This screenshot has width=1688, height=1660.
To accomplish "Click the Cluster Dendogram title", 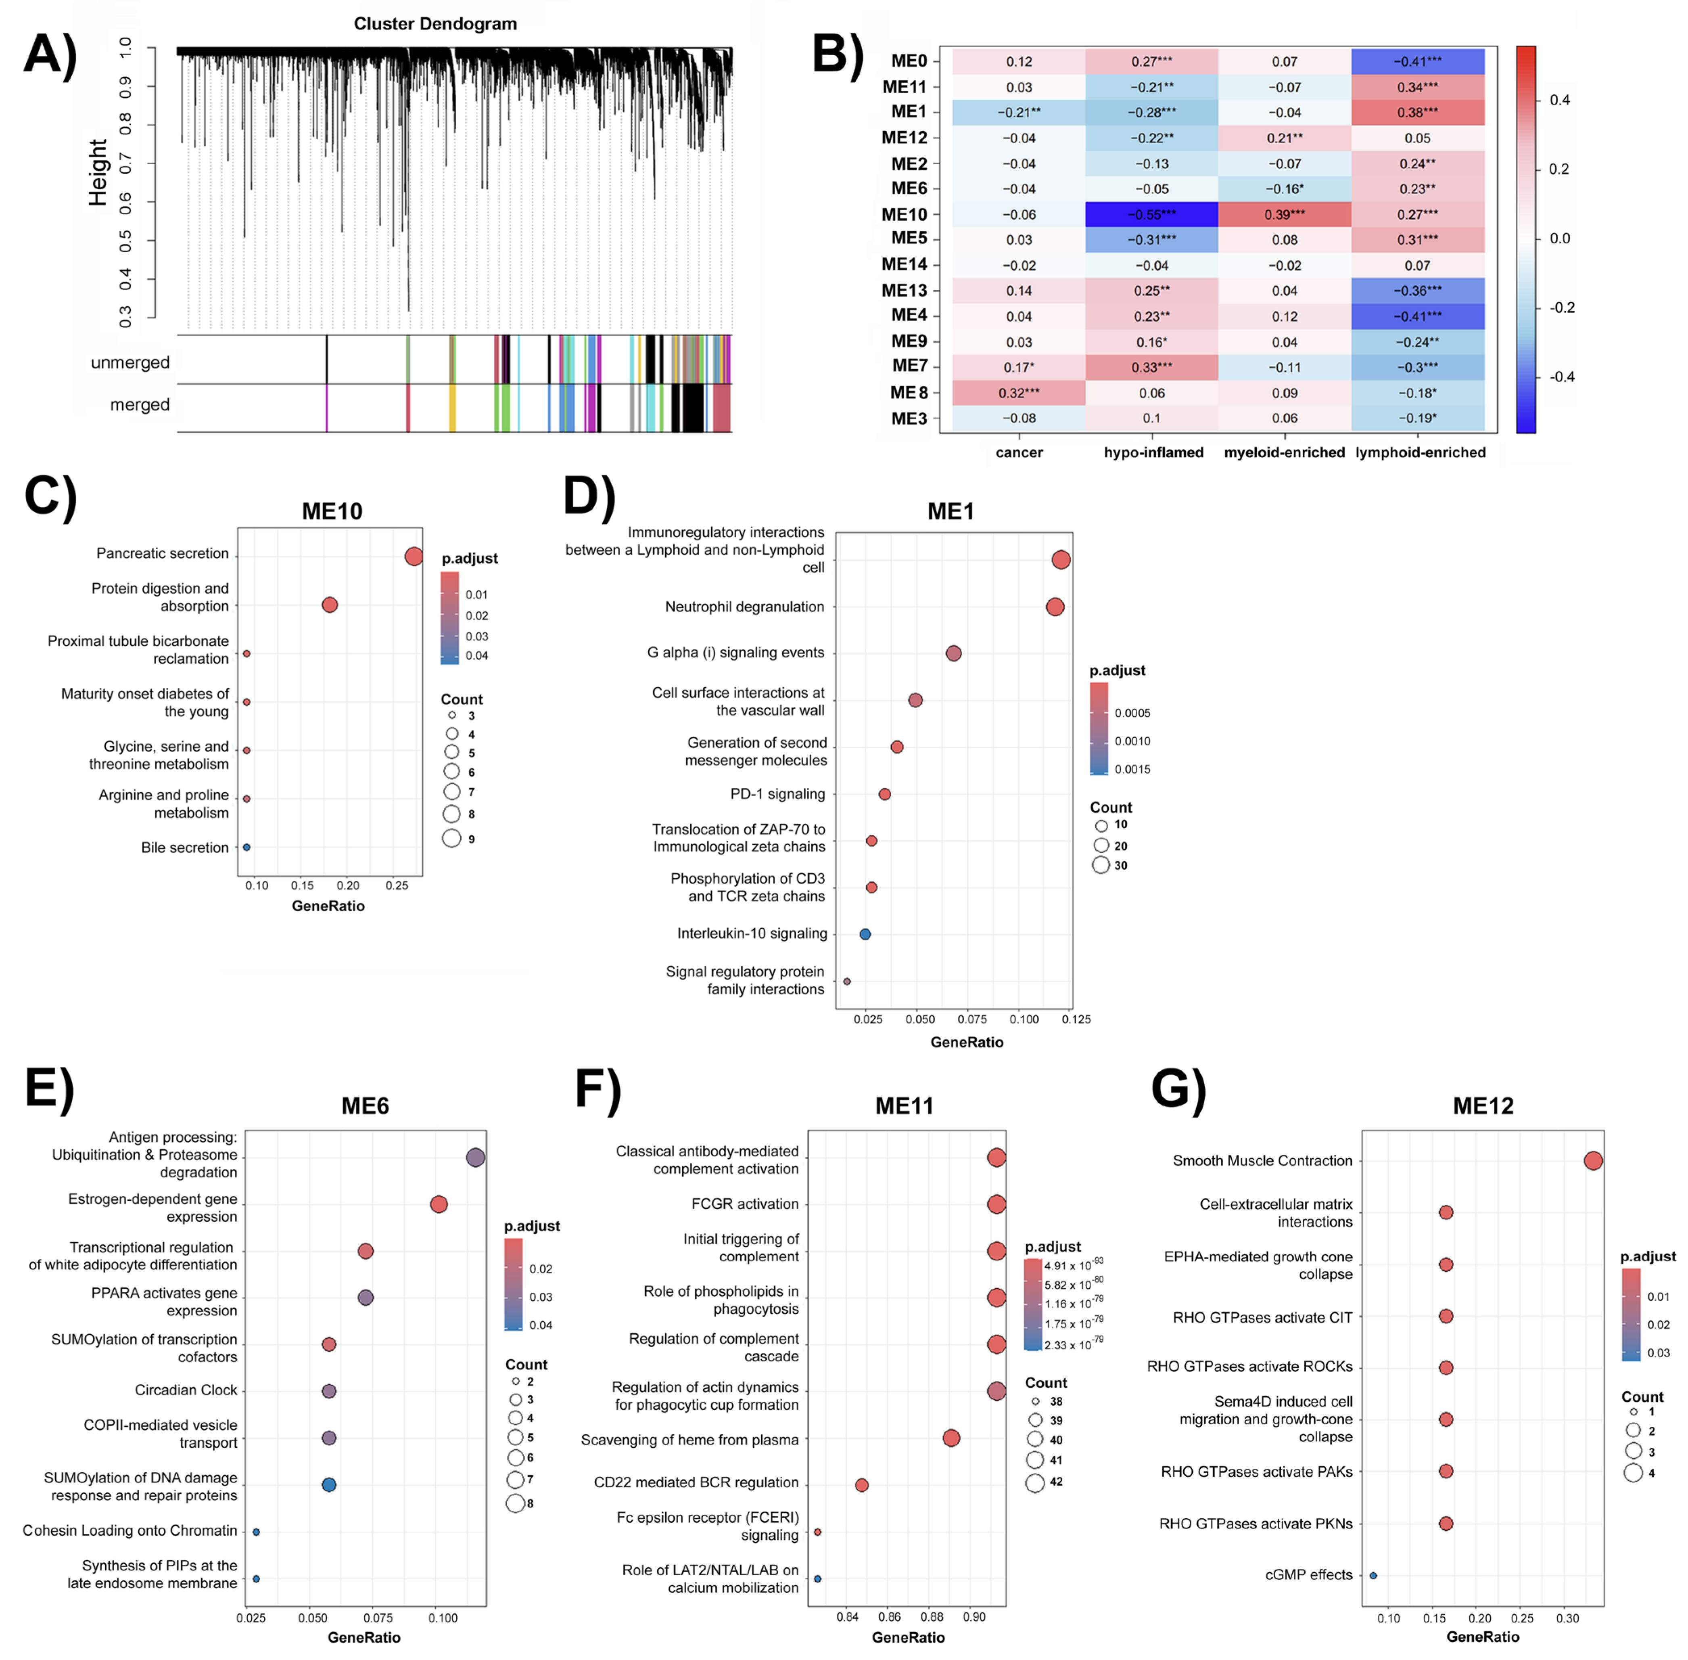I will click(x=435, y=23).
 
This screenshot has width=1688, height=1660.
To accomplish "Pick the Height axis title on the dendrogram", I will click(x=98, y=173).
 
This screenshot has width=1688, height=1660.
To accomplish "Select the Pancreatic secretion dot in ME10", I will click(x=414, y=556).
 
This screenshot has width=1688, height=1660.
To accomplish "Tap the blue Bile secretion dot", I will click(x=247, y=847).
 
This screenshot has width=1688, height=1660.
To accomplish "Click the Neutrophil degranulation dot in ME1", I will click(x=1055, y=607).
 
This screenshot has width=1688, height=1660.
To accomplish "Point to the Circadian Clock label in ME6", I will click(x=186, y=1390).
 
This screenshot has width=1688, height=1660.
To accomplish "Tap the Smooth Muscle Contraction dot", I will click(x=1593, y=1160).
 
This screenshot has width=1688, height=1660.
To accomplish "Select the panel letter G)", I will click(x=1178, y=1089).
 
